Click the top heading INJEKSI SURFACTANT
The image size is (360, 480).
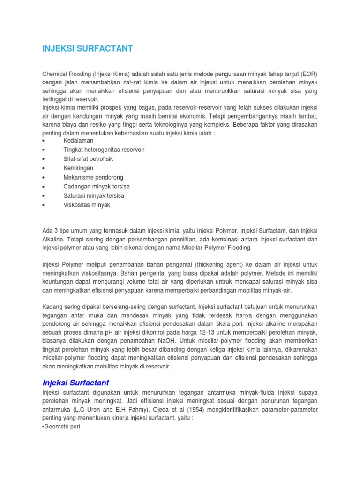pyautogui.click(x=88, y=49)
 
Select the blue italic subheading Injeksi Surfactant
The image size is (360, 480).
pyautogui.click(x=75, y=383)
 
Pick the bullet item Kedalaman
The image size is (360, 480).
pyautogui.click(x=78, y=141)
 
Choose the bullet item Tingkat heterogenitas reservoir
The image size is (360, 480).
pyautogui.click(x=104, y=150)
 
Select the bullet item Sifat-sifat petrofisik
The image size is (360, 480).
pyautogui.click(x=88, y=159)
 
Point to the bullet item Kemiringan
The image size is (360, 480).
pyautogui.click(x=78, y=168)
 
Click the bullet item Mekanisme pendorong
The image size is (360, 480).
pyautogui.click(x=93, y=178)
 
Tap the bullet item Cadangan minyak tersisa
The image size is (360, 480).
pyautogui.click(x=97, y=187)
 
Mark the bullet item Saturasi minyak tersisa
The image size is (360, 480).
pyautogui.click(x=94, y=196)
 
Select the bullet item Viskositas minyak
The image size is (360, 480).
pyautogui.click(x=87, y=205)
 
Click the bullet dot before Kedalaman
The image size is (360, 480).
pyautogui.click(x=44, y=141)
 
